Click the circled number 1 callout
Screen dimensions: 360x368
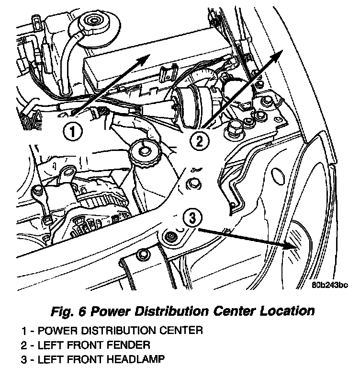point(72,131)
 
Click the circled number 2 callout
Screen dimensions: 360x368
point(199,141)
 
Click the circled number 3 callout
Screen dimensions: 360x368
point(192,218)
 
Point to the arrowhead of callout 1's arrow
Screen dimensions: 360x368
point(144,58)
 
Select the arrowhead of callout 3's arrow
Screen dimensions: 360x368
point(291,246)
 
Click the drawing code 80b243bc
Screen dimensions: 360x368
point(330,285)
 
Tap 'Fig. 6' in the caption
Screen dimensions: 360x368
point(68,311)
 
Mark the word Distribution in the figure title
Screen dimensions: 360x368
point(171,311)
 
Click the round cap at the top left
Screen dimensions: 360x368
point(94,22)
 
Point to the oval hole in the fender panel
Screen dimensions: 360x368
point(279,175)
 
